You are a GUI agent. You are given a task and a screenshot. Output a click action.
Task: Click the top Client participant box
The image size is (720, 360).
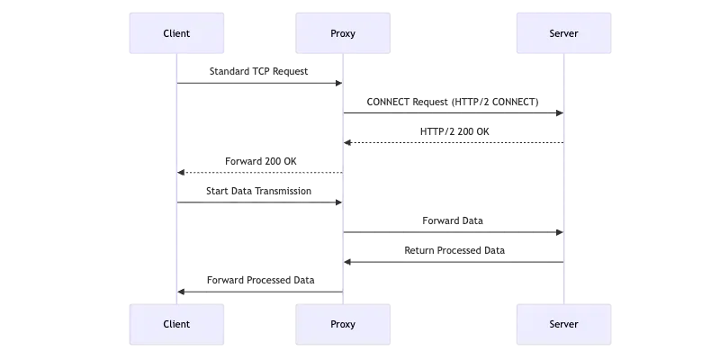coord(176,33)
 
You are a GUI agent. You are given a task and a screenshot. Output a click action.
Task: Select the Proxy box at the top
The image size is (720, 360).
coord(343,33)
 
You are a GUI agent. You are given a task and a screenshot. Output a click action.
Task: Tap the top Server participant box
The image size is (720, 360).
coord(563,33)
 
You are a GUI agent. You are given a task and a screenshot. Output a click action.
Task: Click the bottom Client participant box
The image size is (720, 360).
coord(176,324)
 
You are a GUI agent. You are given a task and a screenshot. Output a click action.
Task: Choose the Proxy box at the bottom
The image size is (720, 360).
coord(343,324)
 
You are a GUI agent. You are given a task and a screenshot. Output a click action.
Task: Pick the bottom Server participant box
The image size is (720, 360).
coord(563,324)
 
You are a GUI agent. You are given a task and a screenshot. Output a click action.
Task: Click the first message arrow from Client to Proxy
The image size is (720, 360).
coord(259,83)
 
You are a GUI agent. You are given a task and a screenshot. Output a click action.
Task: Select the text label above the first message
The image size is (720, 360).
coord(259,70)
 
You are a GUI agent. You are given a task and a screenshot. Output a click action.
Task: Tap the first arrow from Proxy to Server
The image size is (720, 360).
coord(454,112)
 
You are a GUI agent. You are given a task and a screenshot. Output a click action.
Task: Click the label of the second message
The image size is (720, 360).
coord(454,101)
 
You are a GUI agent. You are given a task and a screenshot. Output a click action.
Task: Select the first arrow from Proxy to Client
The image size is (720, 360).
coord(259,171)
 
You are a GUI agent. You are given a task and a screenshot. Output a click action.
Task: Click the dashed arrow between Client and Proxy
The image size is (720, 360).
coord(259,203)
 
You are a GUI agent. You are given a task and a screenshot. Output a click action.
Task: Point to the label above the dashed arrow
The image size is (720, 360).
coord(259,191)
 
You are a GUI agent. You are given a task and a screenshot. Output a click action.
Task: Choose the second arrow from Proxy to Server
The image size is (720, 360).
coord(454,233)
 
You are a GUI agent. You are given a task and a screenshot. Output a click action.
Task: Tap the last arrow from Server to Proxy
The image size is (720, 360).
coord(454,262)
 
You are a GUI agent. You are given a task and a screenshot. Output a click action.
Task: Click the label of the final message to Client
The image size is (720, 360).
coord(259,280)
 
